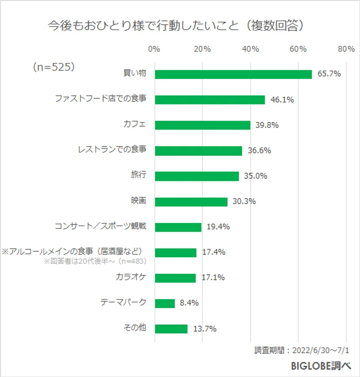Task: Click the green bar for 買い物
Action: pyautogui.click(x=233, y=74)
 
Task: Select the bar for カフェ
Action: pyautogui.click(x=202, y=125)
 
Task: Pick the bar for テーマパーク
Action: pyautogui.click(x=165, y=303)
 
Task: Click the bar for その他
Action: pyautogui.click(x=171, y=329)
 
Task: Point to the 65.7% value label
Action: pyautogui.click(x=329, y=74)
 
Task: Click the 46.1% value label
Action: pyautogui.click(x=282, y=100)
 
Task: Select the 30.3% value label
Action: pyautogui.click(x=244, y=202)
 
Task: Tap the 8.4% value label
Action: pyautogui.click(x=189, y=303)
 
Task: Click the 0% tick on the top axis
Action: pyautogui.click(x=154, y=49)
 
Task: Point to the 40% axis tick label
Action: pyautogui.click(x=250, y=49)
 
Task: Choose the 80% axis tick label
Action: pyautogui.click(x=346, y=49)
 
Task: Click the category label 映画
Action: pyautogui.click(x=138, y=201)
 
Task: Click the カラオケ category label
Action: pyautogui.click(x=131, y=277)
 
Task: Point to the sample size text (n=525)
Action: pyautogui.click(x=53, y=67)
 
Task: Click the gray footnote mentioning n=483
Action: pyautogui.click(x=96, y=261)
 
